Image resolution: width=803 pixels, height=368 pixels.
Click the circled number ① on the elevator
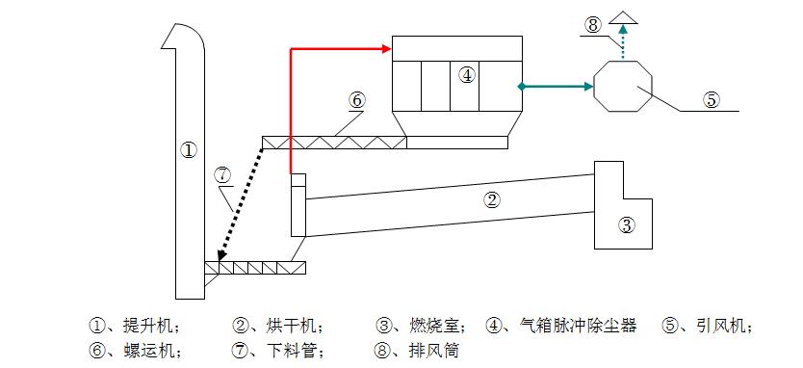(x=189, y=149)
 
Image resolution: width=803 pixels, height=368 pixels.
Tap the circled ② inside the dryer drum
(x=492, y=200)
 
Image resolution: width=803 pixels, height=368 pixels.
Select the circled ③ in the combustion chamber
(x=627, y=226)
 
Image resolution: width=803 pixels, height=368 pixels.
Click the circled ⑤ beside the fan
(x=711, y=98)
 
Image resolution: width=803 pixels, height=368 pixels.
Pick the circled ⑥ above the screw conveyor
(x=356, y=99)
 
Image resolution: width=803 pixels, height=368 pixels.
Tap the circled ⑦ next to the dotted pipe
(x=223, y=174)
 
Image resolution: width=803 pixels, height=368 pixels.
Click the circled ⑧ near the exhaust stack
(x=593, y=22)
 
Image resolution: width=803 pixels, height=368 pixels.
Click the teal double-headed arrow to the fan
(x=556, y=87)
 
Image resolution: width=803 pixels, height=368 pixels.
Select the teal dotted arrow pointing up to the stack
(x=624, y=42)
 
